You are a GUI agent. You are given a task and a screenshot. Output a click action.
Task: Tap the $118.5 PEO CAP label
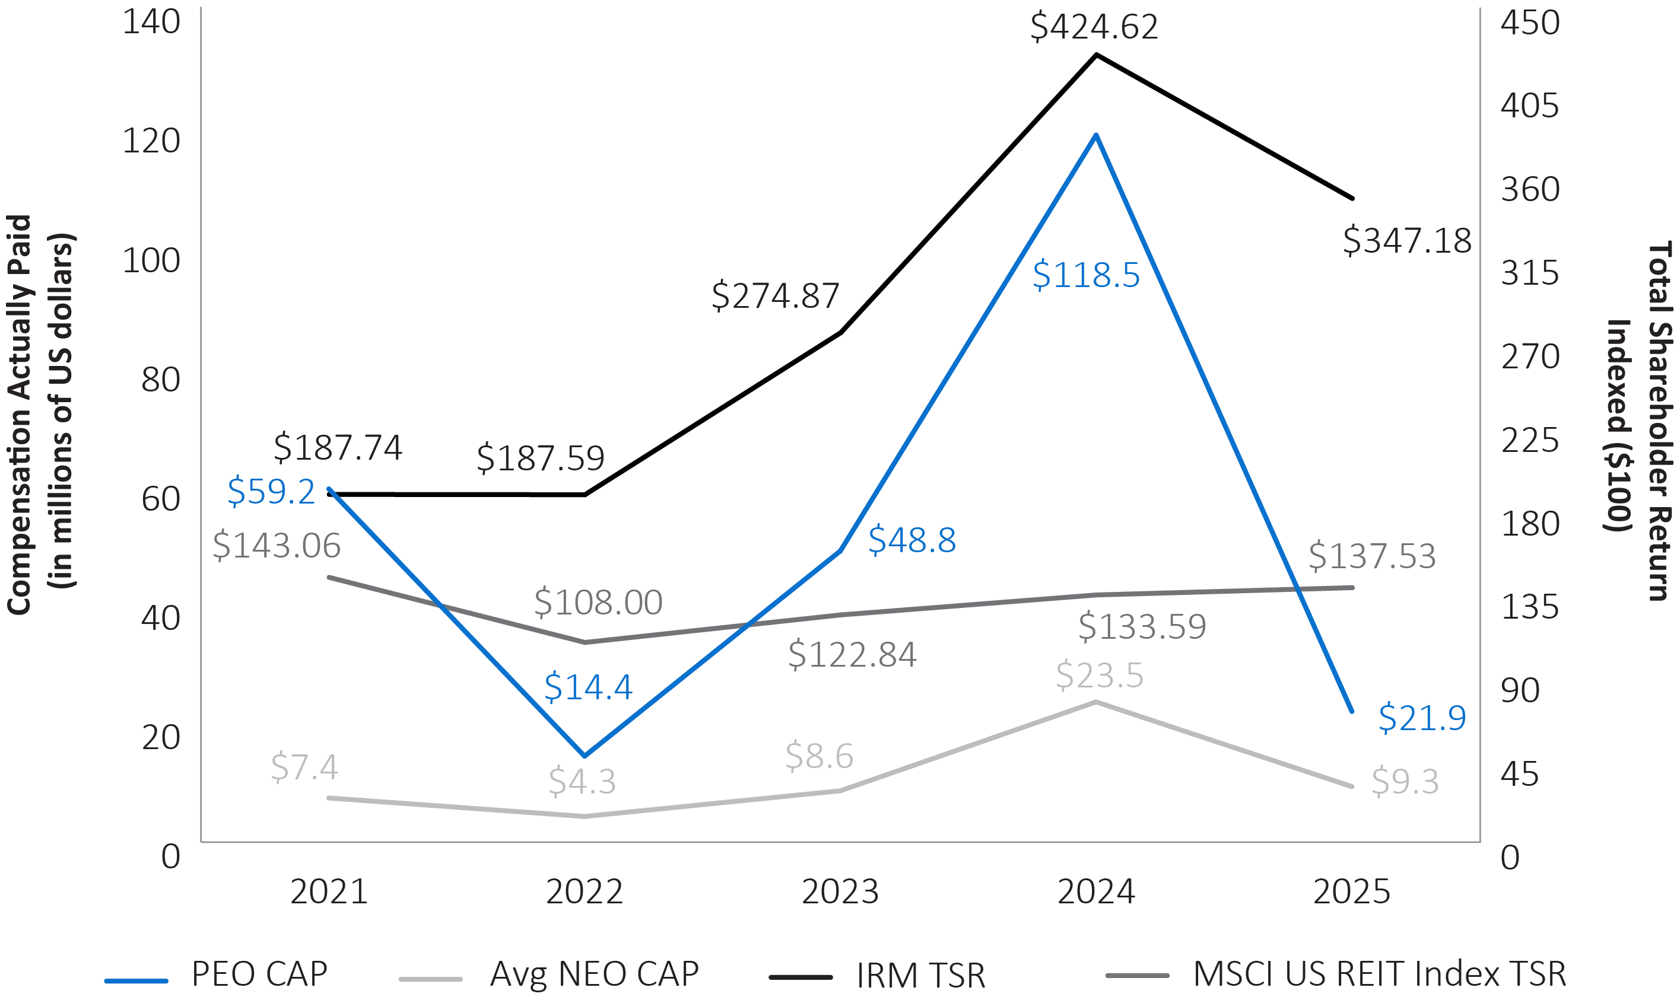[1085, 276]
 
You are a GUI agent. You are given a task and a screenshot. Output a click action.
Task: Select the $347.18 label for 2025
[1407, 241]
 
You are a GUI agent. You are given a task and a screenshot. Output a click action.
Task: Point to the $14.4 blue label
[587, 687]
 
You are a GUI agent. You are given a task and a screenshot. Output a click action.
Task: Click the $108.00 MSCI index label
[598, 603]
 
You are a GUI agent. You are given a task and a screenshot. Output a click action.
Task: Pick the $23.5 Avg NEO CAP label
[1100, 675]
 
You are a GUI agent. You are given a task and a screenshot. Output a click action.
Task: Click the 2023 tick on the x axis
[840, 892]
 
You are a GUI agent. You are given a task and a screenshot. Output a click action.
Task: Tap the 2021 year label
[329, 892]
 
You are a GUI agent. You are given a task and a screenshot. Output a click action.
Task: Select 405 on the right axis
[1529, 106]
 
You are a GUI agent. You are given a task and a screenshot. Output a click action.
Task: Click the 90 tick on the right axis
[1520, 690]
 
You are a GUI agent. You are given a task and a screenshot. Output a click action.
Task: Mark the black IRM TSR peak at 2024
[1096, 55]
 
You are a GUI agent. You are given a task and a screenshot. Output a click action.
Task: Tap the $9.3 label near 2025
[1405, 782]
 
